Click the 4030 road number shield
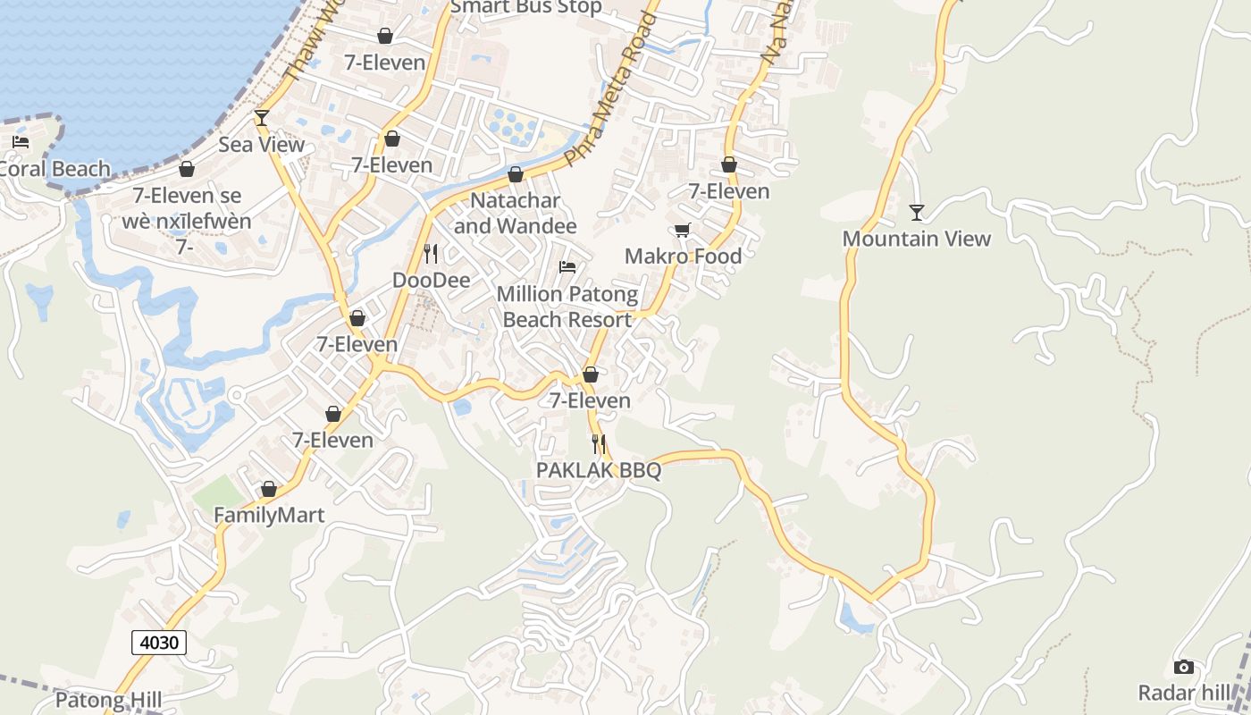point(159,642)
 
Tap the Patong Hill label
point(108,699)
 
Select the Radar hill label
point(1184,693)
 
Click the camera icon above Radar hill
point(1184,668)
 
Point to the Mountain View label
point(917,239)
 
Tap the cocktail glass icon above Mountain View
point(917,213)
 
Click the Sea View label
point(262,145)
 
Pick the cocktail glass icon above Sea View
point(262,118)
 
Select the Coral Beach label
point(55,169)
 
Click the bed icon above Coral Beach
point(21,142)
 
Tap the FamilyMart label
point(269,516)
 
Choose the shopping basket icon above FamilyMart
point(269,490)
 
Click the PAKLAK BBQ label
point(599,470)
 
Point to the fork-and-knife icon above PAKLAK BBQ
point(599,443)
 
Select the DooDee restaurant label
point(431,281)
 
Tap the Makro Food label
point(683,257)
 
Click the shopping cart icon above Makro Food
point(683,231)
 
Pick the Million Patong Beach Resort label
point(567,307)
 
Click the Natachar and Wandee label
point(516,214)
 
